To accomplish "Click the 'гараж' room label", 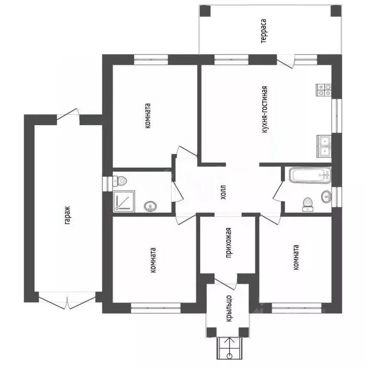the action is pos(68,215).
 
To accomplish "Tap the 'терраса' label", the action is pos(264,31).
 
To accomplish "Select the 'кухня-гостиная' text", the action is pos(264,110).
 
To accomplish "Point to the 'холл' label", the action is pos(224,193).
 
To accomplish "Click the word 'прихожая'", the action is pos(229,243).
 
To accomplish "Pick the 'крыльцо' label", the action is pos(229,308).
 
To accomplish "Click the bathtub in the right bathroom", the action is pos(310,175).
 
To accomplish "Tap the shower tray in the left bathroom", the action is pos(124,202).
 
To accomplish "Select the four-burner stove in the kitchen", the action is pos(324,90).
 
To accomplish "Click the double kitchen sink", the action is pos(324,146).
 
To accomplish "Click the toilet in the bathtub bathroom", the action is pos(308,204).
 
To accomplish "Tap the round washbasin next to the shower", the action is pos(150,206).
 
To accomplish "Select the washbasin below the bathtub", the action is pos(326,196).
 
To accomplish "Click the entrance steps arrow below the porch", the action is pos(230,348).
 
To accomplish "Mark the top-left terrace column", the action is pos(205,11).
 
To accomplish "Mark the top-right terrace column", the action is pos(336,11).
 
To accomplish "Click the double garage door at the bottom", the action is pos(67,300).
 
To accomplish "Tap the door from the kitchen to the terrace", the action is pos(285,61).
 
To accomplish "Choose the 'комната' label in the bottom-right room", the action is pos(296,257).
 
